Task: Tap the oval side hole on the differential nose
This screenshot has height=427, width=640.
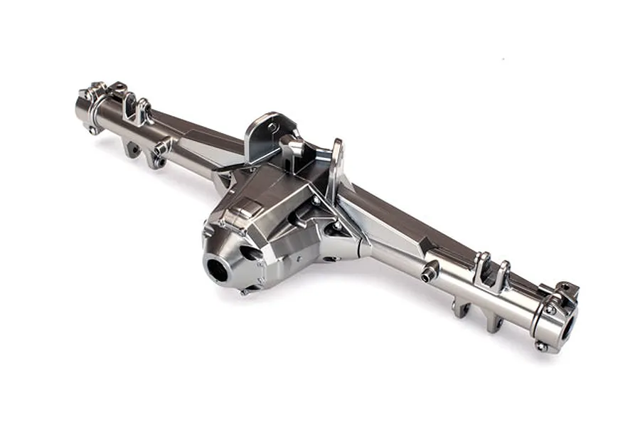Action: (x=250, y=254)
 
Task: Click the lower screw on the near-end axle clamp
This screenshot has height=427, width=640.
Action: (x=542, y=346)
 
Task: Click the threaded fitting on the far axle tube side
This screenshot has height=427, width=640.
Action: (x=162, y=147)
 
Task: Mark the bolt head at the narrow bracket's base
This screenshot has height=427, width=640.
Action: (x=334, y=227)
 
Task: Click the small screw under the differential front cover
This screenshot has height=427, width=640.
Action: (x=245, y=290)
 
